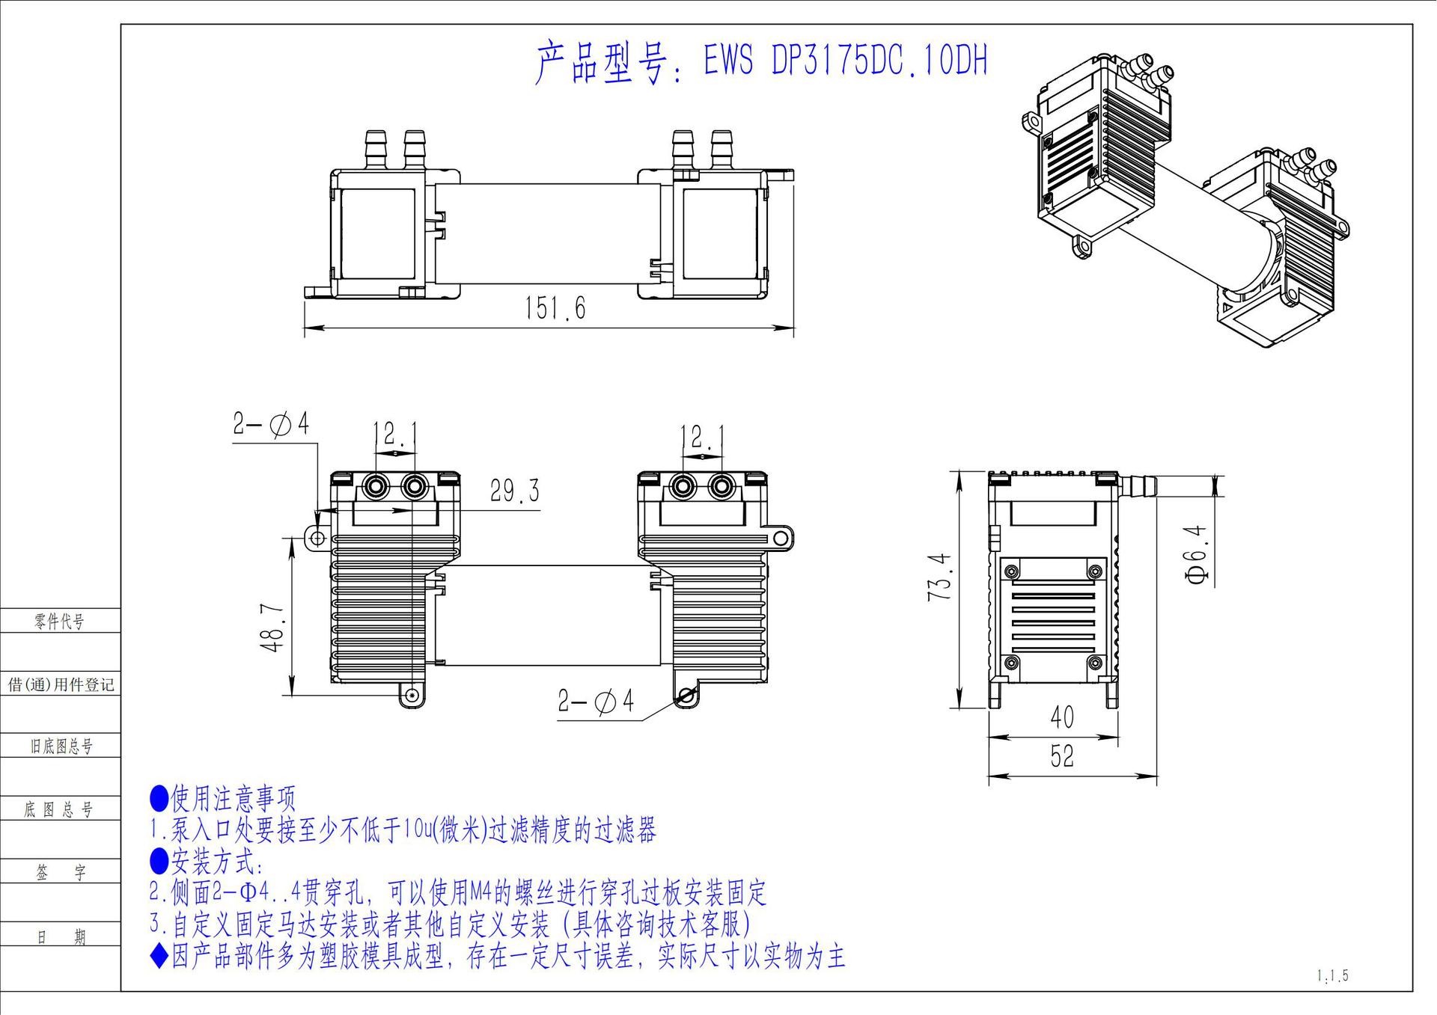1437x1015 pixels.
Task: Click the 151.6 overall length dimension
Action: pyautogui.click(x=555, y=308)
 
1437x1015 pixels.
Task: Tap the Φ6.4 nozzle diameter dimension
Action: pyautogui.click(x=1197, y=554)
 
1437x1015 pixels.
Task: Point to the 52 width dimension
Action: pyautogui.click(x=1061, y=756)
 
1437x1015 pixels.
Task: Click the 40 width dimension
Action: pyautogui.click(x=1061, y=717)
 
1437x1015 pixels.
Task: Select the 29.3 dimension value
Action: pyautogui.click(x=514, y=491)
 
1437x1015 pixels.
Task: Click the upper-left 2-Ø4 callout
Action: pyautogui.click(x=271, y=425)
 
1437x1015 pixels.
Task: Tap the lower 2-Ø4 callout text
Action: pyautogui.click(x=596, y=701)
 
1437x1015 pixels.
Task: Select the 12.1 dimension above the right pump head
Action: pyautogui.click(x=702, y=437)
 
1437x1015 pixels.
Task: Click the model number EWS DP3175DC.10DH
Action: pyautogui.click(x=844, y=61)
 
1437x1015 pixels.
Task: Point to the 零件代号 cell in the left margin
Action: pyautogui.click(x=59, y=621)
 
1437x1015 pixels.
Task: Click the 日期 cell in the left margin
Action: pyautogui.click(x=60, y=936)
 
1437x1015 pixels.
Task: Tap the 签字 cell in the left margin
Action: pyautogui.click(x=60, y=872)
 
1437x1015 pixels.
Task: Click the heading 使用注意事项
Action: pyautogui.click(x=233, y=799)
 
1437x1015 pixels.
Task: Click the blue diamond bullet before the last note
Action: pyautogui.click(x=159, y=957)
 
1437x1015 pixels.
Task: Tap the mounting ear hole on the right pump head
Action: pyautogui.click(x=781, y=537)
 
